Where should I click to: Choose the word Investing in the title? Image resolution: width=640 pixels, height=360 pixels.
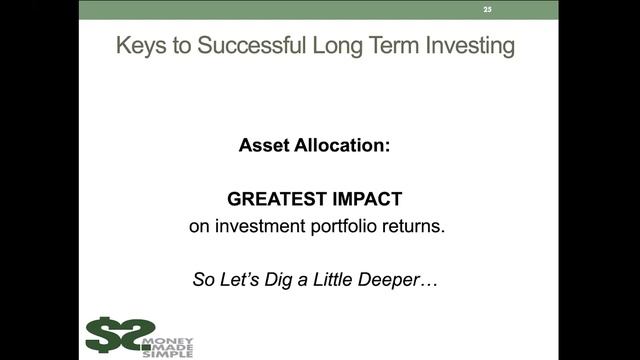475,46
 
